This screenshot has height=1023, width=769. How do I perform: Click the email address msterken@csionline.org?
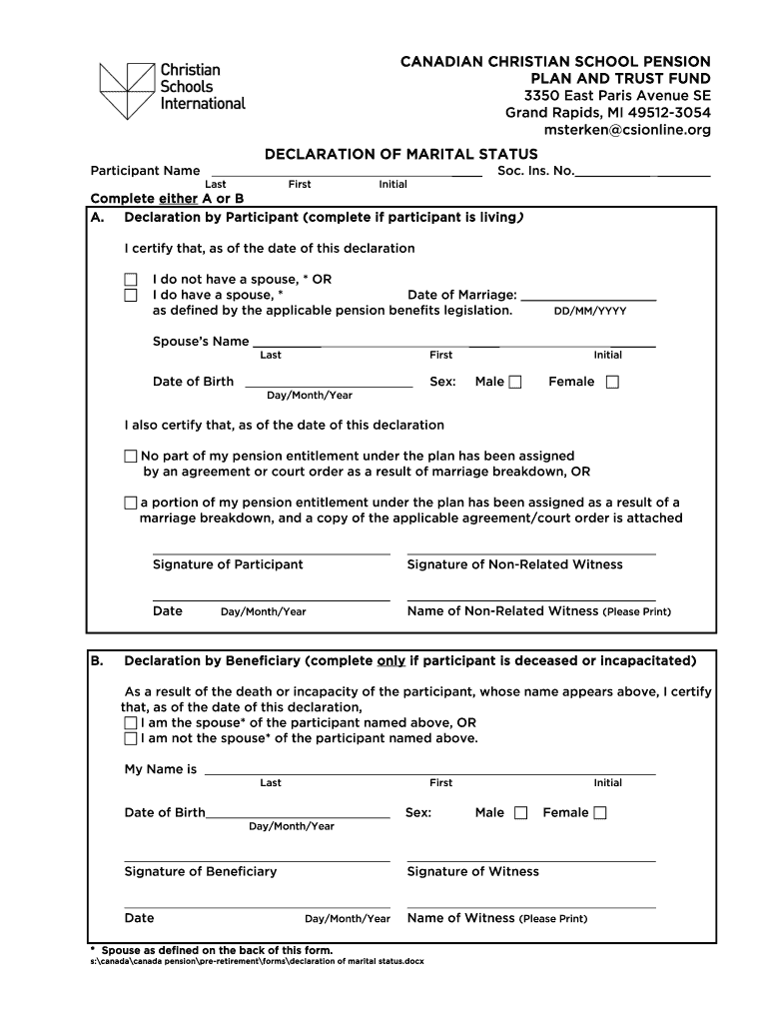click(x=627, y=130)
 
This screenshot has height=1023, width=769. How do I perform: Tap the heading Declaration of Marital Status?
click(x=400, y=154)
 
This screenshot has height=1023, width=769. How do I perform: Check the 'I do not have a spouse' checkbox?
click(x=131, y=280)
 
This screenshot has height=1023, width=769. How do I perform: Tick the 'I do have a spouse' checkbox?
click(x=131, y=296)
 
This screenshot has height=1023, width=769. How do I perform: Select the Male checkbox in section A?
click(x=515, y=382)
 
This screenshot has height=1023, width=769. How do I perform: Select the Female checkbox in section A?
click(x=612, y=382)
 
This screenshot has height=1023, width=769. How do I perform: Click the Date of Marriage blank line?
click(x=588, y=296)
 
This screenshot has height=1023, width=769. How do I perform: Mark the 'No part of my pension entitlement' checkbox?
click(x=131, y=456)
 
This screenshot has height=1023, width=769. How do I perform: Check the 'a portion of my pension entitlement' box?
click(x=131, y=503)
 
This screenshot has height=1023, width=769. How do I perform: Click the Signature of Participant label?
click(x=228, y=564)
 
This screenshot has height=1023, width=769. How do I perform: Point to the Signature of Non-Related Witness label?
click(x=514, y=564)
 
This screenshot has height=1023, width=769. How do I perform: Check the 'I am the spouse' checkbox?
click(x=131, y=722)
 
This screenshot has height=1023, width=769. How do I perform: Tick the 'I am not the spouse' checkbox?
click(x=131, y=738)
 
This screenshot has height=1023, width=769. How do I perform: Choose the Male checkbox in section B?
click(x=520, y=813)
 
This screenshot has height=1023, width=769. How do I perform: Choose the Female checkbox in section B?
click(x=599, y=813)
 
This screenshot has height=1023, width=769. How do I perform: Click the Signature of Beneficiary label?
click(x=200, y=871)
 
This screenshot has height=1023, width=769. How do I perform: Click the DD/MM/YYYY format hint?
click(x=590, y=311)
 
